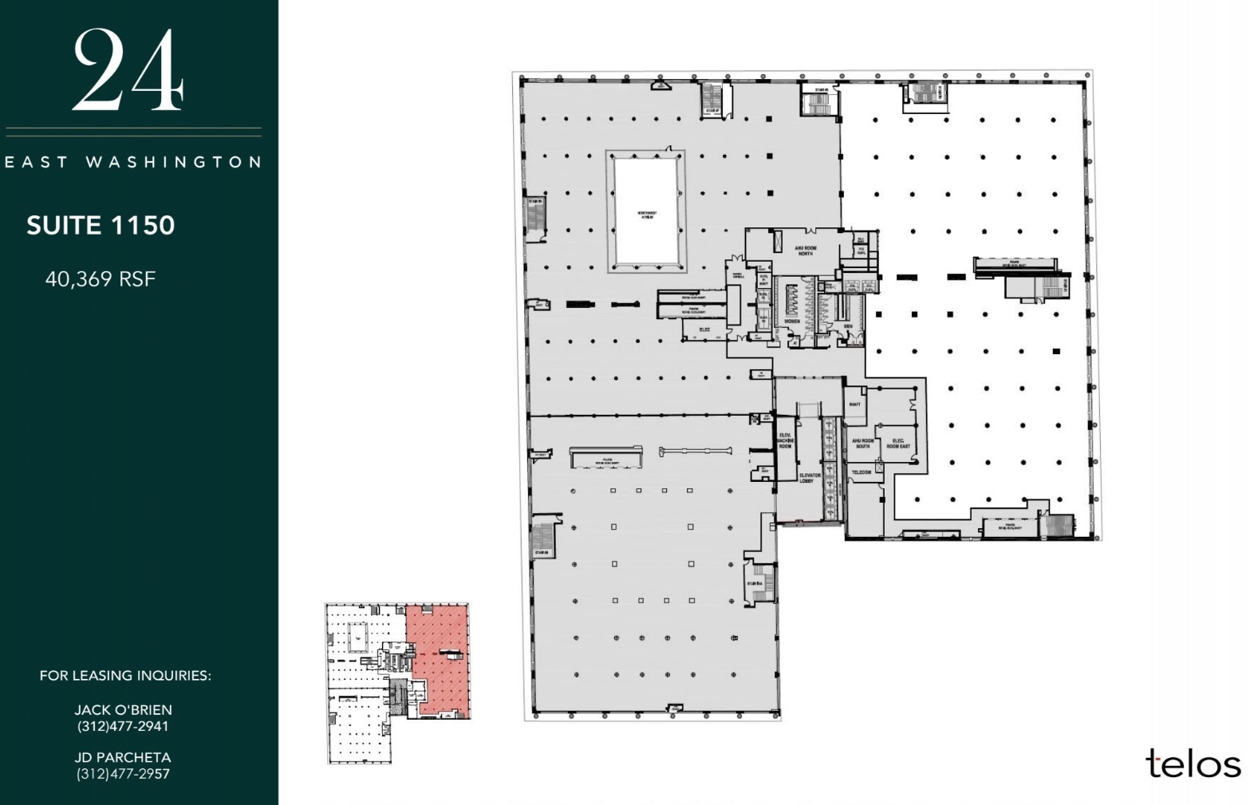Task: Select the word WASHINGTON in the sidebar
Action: (x=173, y=162)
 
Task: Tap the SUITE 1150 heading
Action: (x=101, y=226)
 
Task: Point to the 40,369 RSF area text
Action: (x=101, y=279)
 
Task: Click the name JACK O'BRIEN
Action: (x=124, y=709)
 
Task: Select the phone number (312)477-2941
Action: (x=124, y=726)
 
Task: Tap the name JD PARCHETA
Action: (x=124, y=757)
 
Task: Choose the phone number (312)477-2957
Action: (x=124, y=773)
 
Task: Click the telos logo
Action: (x=1193, y=764)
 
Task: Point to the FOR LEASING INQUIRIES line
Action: (x=125, y=676)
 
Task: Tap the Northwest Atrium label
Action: (x=646, y=215)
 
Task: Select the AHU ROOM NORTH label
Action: (x=805, y=251)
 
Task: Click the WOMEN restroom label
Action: (x=792, y=322)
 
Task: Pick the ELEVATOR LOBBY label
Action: (x=810, y=478)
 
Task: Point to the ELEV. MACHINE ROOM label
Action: (x=785, y=441)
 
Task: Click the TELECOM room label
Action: (x=862, y=472)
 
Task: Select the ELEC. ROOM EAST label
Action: (x=898, y=444)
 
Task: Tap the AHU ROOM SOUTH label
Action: (x=863, y=444)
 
